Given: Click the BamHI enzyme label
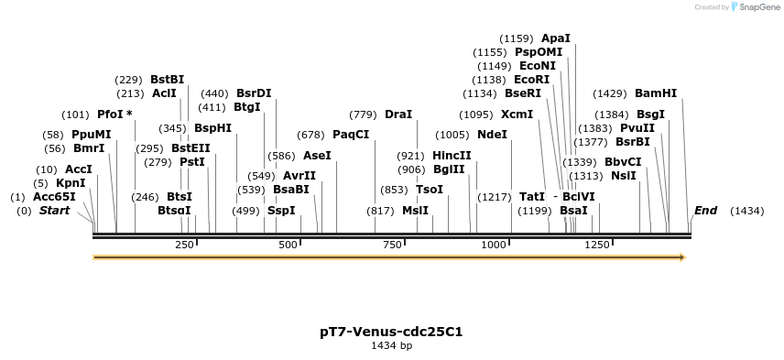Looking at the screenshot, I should tap(656, 93).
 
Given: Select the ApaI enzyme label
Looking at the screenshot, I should tap(556, 38).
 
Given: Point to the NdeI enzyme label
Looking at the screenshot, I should tap(492, 135).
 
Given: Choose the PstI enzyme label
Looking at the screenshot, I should tap(192, 162).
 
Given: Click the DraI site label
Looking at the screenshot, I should tap(398, 115).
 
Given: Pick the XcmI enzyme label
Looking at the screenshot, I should tap(517, 115).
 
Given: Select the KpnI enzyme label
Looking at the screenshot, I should tap(71, 183).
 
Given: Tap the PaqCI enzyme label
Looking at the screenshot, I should tap(351, 135).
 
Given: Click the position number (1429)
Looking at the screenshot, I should tap(610, 93).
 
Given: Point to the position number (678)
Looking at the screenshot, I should tap(310, 135).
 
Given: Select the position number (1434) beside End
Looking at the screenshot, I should tap(746, 211).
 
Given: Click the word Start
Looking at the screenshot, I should tap(54, 211).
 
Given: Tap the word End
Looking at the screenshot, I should tap(705, 211).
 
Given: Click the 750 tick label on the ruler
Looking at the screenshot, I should tap(394, 245).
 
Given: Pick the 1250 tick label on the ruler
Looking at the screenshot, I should tap(597, 245).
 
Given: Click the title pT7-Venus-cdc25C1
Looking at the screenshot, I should tap(391, 332).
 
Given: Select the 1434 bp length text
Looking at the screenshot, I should tap(391, 346).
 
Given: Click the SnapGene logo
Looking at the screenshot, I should tap(751, 7).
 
